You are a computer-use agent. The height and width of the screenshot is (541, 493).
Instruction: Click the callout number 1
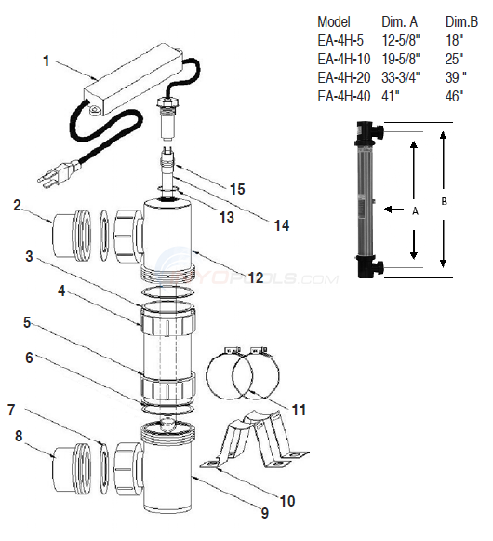point(47,63)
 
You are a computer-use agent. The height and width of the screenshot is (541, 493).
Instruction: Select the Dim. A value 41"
point(392,96)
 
